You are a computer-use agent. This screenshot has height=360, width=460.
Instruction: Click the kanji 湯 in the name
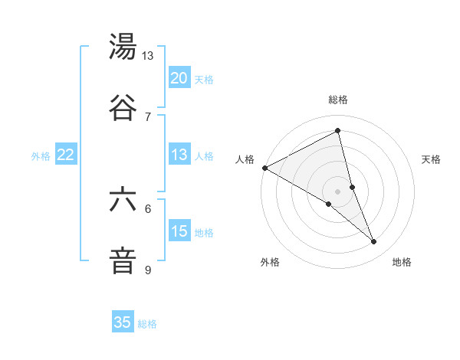click(123, 47)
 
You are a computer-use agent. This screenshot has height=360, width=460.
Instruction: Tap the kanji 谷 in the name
click(123, 107)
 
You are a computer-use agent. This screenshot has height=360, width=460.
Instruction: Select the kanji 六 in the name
click(123, 201)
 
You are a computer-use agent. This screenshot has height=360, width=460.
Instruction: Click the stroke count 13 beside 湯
click(147, 56)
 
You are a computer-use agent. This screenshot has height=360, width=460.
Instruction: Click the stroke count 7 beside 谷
click(148, 116)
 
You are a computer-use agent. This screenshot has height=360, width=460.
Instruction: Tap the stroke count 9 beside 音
click(148, 270)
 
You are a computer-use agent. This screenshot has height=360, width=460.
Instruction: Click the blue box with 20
click(179, 78)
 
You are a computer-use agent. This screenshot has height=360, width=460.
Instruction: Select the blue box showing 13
click(179, 155)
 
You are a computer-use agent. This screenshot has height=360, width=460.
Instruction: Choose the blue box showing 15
click(179, 231)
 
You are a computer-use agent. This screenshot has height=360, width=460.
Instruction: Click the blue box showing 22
click(65, 155)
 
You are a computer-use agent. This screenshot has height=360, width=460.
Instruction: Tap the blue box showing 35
click(123, 322)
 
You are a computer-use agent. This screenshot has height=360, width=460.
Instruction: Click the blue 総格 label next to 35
click(148, 324)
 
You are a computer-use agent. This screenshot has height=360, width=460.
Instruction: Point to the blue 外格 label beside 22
click(41, 156)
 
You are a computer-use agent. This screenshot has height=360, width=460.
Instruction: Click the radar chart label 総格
click(338, 100)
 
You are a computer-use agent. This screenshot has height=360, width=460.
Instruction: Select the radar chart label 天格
click(431, 159)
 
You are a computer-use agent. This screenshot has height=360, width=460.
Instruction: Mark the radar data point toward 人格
click(264, 168)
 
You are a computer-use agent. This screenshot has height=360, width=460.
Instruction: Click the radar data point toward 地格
click(374, 242)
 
